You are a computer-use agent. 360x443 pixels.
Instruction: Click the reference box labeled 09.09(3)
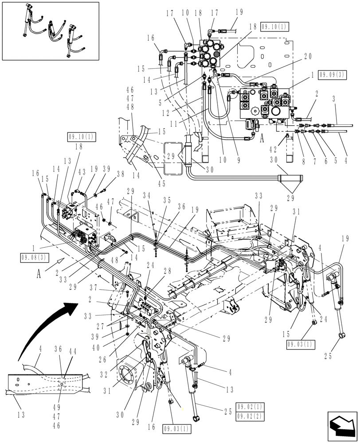[x=332, y=75]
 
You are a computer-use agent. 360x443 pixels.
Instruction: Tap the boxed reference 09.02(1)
[x=250, y=406]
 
